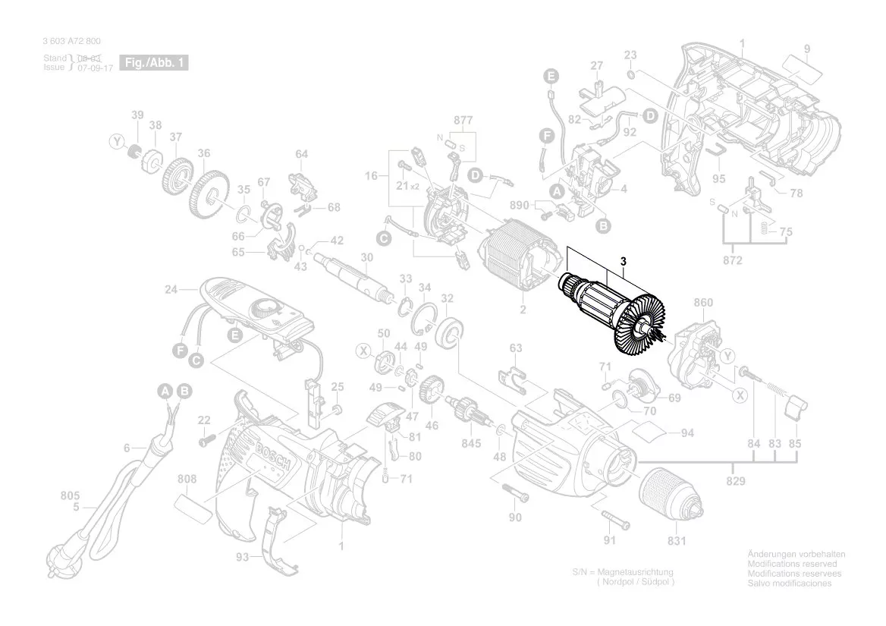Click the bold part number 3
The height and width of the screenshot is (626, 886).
(624, 262)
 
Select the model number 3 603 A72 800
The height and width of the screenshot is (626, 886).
(71, 41)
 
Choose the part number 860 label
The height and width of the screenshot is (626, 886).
(703, 303)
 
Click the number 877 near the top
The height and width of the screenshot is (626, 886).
(463, 121)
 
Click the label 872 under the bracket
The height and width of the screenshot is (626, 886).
(733, 261)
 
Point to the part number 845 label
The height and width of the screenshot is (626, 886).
(471, 444)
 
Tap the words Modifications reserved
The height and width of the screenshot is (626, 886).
(792, 565)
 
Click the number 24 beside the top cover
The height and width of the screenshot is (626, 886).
(171, 290)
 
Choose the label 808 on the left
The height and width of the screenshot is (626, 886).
(187, 479)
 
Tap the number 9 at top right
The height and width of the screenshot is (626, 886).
(807, 49)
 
